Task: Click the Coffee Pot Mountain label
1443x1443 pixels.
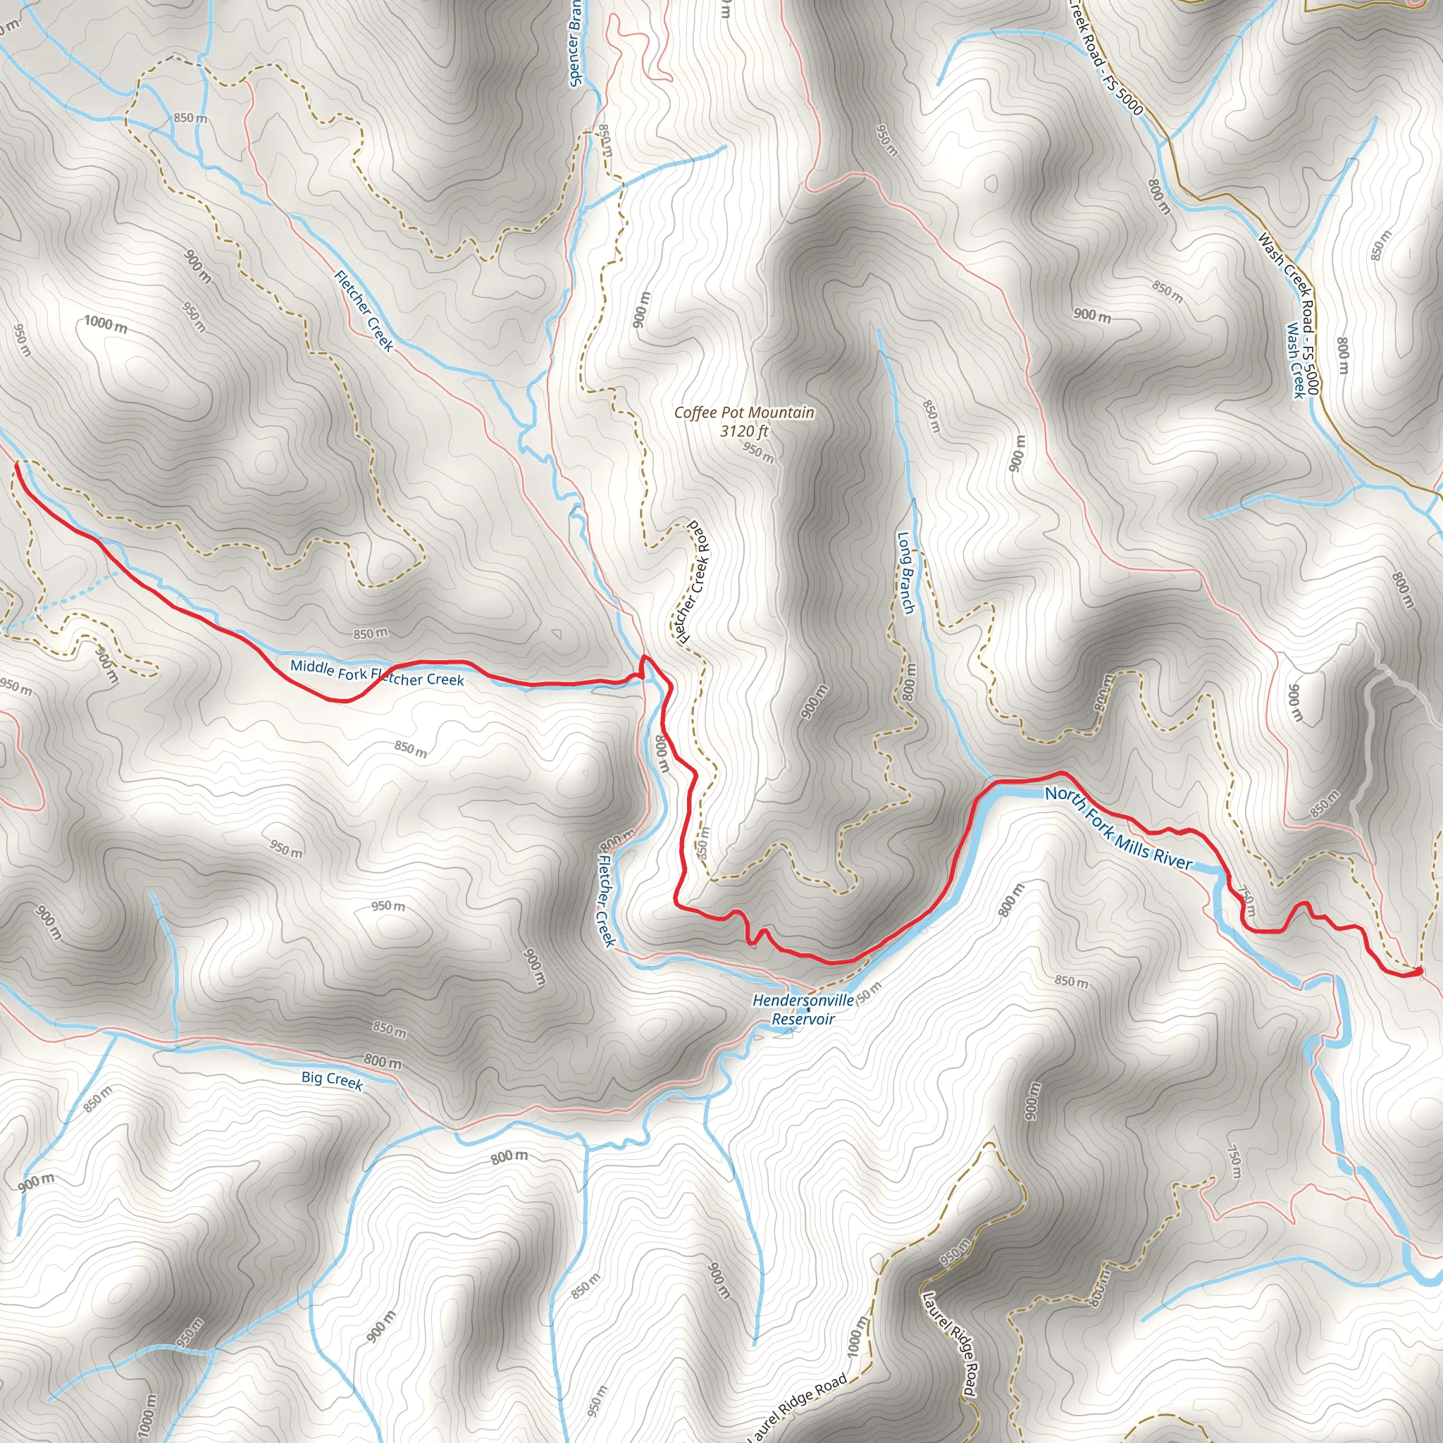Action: [x=744, y=412]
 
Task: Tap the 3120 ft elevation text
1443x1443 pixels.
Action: [x=744, y=431]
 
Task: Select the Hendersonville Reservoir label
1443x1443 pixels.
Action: [x=803, y=1009]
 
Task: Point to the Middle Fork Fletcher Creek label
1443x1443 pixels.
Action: [x=376, y=672]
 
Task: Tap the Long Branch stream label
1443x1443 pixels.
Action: [x=905, y=572]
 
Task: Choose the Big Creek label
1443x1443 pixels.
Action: [x=332, y=1080]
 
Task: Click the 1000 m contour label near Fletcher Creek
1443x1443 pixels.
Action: [x=105, y=324]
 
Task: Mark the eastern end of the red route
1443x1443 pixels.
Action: [x=1418, y=971]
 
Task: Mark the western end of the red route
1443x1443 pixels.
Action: [x=16, y=465]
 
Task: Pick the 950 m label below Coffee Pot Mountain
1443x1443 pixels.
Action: [x=758, y=452]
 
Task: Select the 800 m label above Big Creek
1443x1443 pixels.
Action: [x=383, y=1060]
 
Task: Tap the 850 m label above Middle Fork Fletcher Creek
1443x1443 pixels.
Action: [x=371, y=634]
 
